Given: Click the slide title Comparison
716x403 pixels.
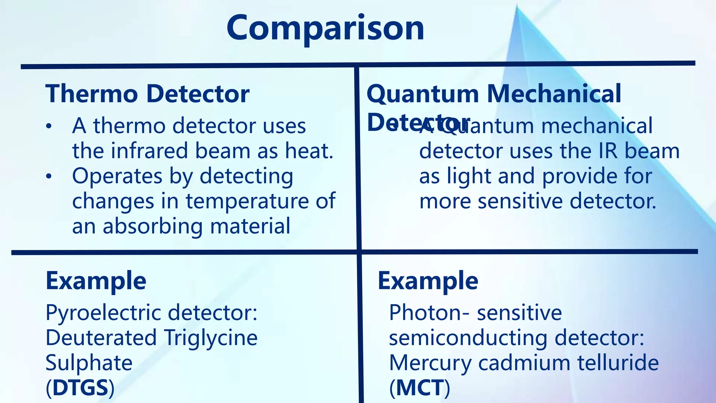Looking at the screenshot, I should [x=325, y=28].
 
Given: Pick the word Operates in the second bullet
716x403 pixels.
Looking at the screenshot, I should [x=117, y=176].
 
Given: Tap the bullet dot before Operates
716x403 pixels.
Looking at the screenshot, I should [x=49, y=176].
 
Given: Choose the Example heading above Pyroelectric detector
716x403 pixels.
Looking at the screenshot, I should [x=96, y=281].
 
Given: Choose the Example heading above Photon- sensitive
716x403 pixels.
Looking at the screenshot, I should [x=428, y=281].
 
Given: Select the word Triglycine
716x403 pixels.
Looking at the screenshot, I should [x=211, y=338].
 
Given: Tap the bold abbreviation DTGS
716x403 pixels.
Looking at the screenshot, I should [x=80, y=388].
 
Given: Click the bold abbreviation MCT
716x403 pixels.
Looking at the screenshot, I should [x=420, y=388].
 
